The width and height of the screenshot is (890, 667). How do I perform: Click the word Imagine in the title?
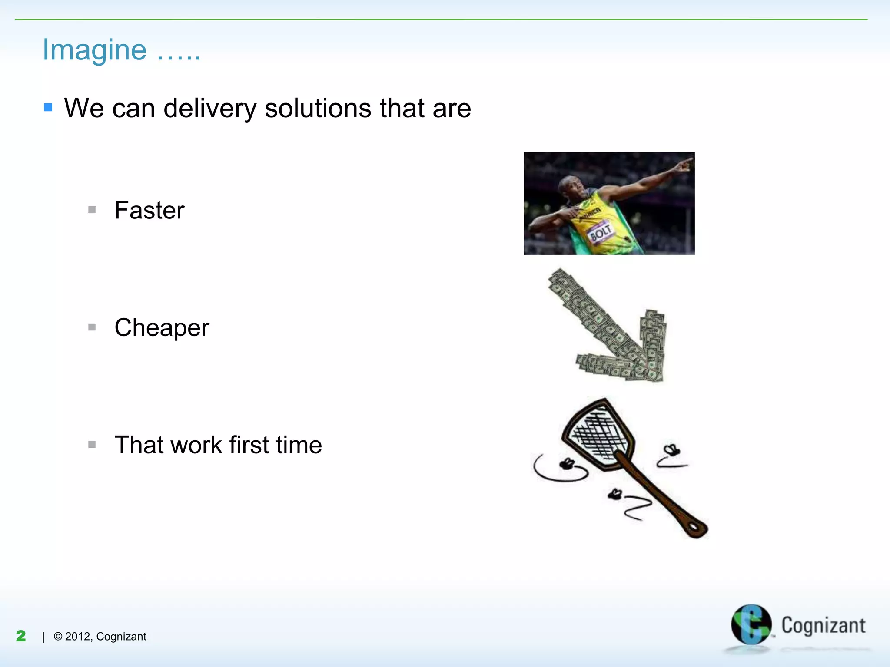(x=94, y=50)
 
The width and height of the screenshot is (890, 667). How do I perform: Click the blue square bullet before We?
(x=48, y=107)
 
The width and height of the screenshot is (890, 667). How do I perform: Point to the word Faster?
(x=149, y=211)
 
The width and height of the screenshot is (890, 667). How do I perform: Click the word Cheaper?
(x=162, y=328)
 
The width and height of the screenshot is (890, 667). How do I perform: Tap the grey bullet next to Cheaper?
(x=92, y=327)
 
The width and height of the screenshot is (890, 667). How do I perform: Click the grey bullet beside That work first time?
(x=92, y=444)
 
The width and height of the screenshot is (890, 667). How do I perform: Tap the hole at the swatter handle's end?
(x=695, y=527)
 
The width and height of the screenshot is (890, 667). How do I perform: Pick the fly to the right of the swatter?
(x=671, y=450)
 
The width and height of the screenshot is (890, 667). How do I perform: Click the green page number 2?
(x=21, y=636)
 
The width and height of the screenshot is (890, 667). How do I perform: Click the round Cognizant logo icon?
(x=751, y=624)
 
